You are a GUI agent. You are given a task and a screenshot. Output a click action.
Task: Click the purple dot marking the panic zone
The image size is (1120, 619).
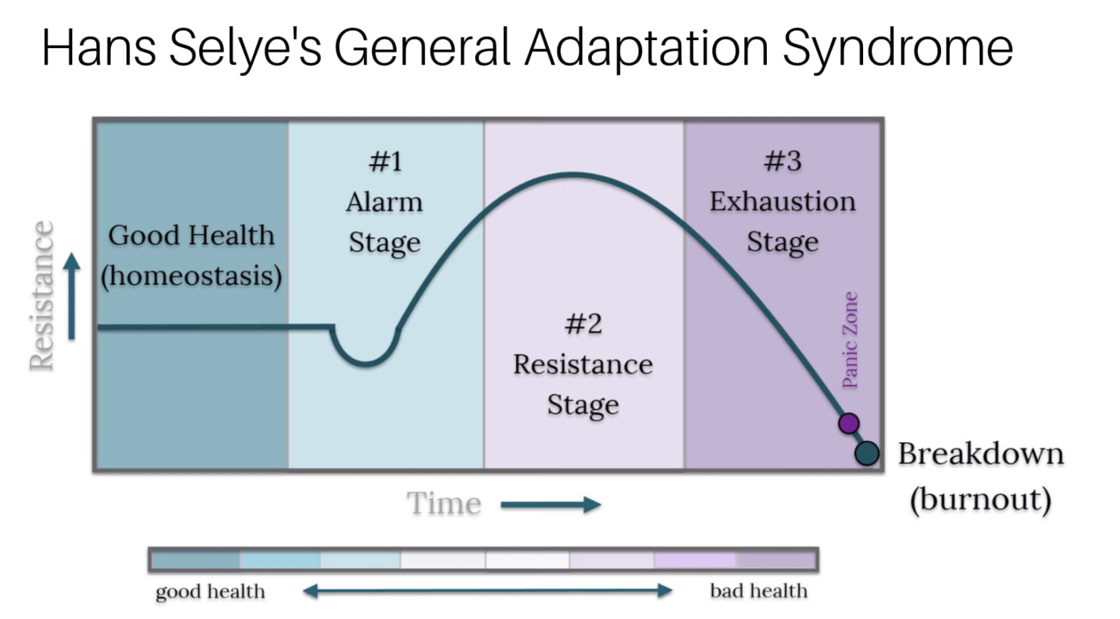tap(848, 423)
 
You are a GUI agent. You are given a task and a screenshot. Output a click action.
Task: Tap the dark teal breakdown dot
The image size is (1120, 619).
tap(866, 454)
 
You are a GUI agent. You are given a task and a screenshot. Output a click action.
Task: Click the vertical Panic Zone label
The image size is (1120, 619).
tap(850, 340)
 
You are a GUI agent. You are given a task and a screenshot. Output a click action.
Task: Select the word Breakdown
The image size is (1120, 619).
tap(980, 454)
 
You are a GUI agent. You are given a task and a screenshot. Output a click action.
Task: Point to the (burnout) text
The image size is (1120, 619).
tap(980, 499)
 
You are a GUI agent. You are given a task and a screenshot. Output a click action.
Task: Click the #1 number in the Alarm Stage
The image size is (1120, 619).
tap(385, 161)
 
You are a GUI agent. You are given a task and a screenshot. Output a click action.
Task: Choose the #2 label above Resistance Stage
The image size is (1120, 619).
tap(583, 324)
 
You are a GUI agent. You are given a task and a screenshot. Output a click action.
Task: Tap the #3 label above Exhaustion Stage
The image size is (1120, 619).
tap(782, 161)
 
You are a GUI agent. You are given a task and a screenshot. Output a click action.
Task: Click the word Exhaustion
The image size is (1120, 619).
tap(782, 201)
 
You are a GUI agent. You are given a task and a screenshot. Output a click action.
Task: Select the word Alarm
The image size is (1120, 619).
tap(384, 202)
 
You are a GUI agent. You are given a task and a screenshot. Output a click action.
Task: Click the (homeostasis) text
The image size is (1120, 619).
tap(192, 275)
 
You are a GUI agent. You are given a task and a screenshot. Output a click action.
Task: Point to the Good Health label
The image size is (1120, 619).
tap(192, 235)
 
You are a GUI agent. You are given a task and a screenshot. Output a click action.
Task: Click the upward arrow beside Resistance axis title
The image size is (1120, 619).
tap(71, 296)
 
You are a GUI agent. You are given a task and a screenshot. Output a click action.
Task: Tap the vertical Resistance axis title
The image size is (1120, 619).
tap(41, 295)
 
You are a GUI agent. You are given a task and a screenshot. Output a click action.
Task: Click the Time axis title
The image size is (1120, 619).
tap(444, 504)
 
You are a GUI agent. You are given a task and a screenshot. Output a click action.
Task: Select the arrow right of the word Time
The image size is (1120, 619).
tap(551, 505)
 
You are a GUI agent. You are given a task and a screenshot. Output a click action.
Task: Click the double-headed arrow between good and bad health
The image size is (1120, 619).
tap(487, 590)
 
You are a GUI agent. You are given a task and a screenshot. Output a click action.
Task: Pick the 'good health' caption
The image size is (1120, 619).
tap(210, 592)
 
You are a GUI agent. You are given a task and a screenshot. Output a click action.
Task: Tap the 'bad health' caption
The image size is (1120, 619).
tap(758, 591)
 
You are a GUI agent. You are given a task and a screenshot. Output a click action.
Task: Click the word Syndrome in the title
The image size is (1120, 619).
tap(897, 48)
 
